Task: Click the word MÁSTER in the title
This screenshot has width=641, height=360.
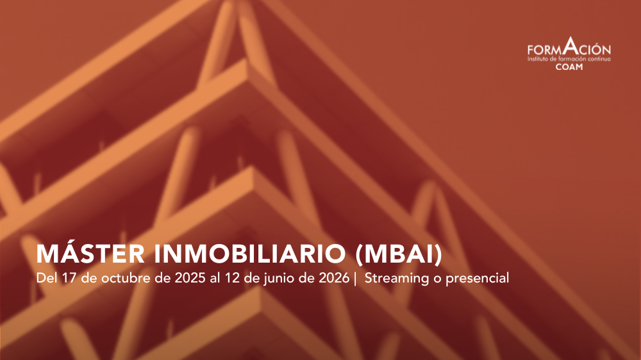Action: pyautogui.click(x=90, y=254)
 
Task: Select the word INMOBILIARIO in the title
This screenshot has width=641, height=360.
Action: pyautogui.click(x=250, y=254)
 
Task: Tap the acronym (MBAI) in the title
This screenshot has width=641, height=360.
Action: pyautogui.click(x=399, y=254)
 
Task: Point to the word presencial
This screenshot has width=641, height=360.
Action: pyautogui.click(x=477, y=279)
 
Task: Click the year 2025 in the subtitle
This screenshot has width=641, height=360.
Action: pyautogui.click(x=190, y=278)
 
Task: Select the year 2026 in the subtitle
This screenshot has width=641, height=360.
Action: pyautogui.click(x=334, y=278)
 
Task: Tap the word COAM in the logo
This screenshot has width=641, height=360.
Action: pyautogui.click(x=569, y=67)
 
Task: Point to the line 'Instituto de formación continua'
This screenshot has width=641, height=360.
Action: pyautogui.click(x=569, y=59)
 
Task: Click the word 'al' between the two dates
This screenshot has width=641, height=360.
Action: pyautogui.click(x=215, y=278)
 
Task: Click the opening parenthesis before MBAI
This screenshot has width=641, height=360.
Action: pyautogui.click(x=359, y=254)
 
